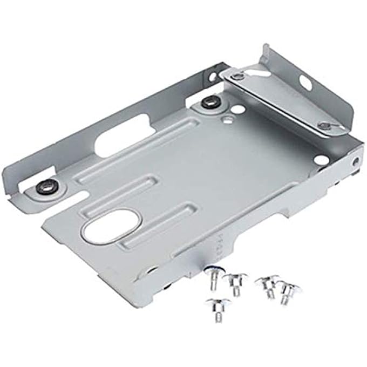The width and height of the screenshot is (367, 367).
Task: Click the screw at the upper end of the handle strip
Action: pos(238,76)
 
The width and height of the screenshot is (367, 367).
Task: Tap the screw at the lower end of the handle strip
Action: pos(324,126)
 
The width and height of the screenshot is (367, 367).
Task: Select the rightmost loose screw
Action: pos(289,291)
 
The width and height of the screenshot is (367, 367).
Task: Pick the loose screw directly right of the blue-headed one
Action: pos(234,281)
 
